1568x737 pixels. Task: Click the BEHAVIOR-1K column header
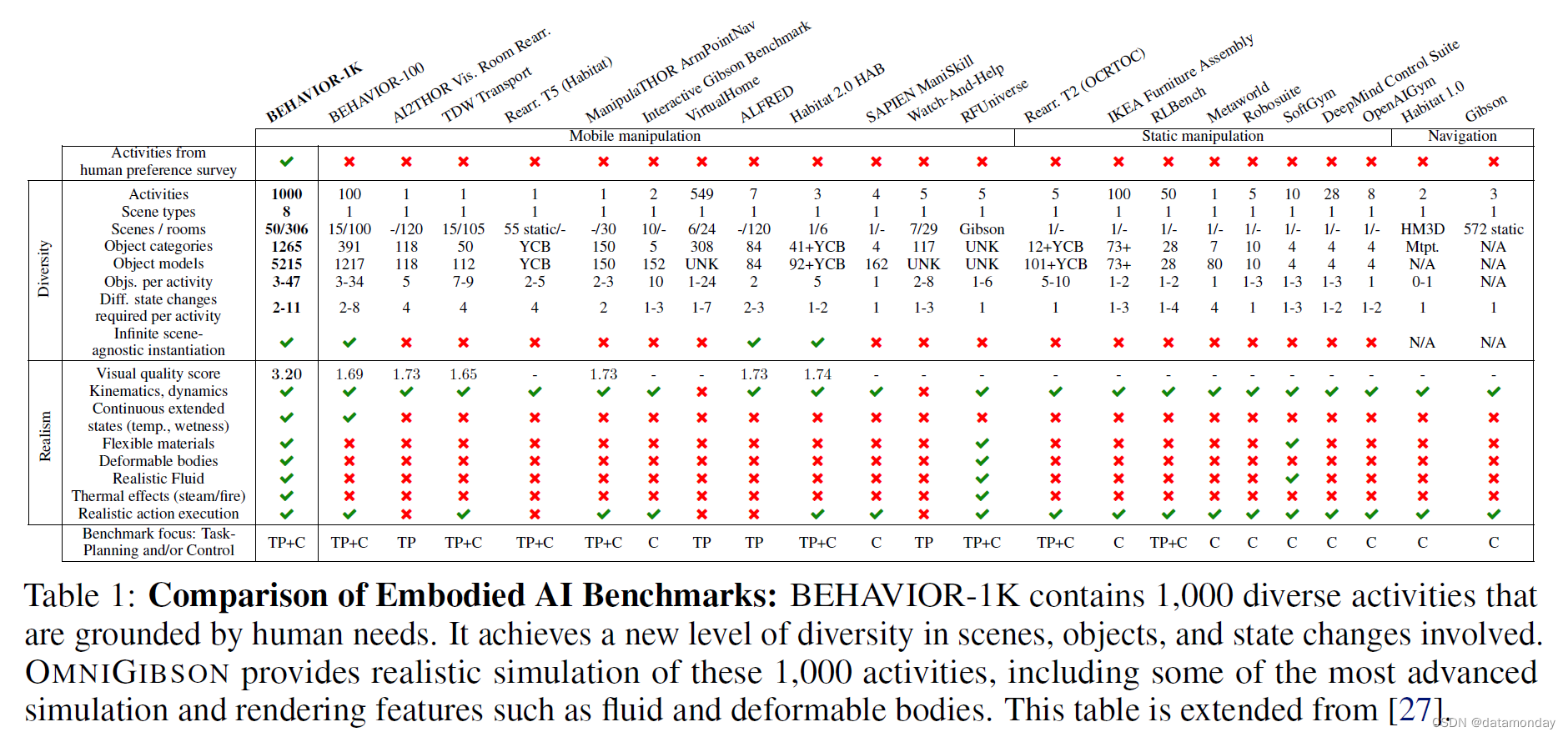coord(314,92)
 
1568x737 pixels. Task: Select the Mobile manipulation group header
coord(635,136)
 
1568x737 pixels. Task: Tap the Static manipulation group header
coord(1202,136)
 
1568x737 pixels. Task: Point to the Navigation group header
coord(1461,136)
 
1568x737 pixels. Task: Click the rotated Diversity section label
coord(44,269)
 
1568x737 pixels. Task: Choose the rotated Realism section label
coord(45,436)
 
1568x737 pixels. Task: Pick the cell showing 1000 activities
coord(286,194)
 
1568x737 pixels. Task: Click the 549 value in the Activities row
coord(701,194)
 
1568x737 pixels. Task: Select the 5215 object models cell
coord(286,264)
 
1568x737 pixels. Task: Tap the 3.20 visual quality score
coord(286,374)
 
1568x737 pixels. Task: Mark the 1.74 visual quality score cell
coord(817,374)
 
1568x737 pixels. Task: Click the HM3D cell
coord(1422,229)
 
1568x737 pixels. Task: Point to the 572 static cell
coord(1493,229)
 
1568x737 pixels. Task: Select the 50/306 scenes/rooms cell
coord(286,229)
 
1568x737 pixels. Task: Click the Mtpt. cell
coord(1422,247)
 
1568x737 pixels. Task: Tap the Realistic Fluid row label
coord(158,479)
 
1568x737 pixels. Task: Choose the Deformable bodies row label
coord(158,461)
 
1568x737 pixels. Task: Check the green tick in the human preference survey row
coord(286,162)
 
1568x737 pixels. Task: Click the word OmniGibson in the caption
coord(127,673)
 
